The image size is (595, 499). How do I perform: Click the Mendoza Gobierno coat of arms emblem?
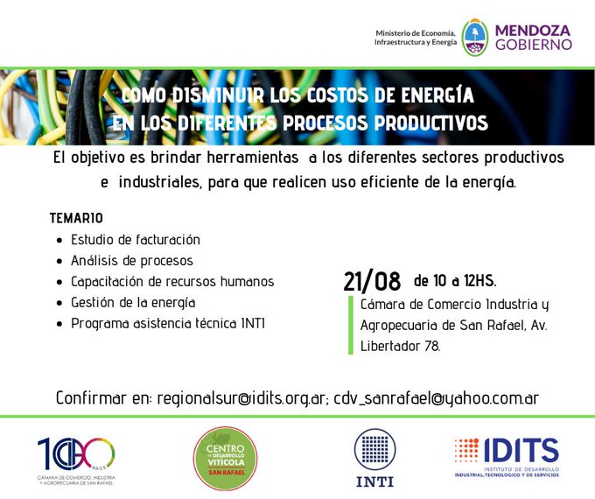(475, 38)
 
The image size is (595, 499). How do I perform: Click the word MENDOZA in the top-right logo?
(533, 31)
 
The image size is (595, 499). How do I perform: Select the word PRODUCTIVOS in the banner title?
(430, 123)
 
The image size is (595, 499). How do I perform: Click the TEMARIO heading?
(76, 218)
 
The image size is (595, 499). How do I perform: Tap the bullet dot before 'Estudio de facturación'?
(59, 241)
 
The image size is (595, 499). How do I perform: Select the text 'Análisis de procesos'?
(131, 261)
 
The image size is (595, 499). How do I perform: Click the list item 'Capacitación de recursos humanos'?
(172, 282)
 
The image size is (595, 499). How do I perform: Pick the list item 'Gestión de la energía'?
(133, 303)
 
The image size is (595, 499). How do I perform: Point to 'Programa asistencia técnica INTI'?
(168, 324)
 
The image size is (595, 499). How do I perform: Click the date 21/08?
(372, 281)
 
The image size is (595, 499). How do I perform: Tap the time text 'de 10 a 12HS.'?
(455, 281)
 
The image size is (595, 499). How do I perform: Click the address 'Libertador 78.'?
(401, 346)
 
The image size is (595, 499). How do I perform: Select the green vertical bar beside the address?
(351, 325)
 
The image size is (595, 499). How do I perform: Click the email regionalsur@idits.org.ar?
(241, 398)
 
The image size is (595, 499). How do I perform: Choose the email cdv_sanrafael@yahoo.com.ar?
(437, 398)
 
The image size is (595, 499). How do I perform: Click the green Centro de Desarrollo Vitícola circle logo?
(225, 459)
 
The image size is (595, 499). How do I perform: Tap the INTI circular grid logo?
(374, 449)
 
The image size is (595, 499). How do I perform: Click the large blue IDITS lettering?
(521, 450)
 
